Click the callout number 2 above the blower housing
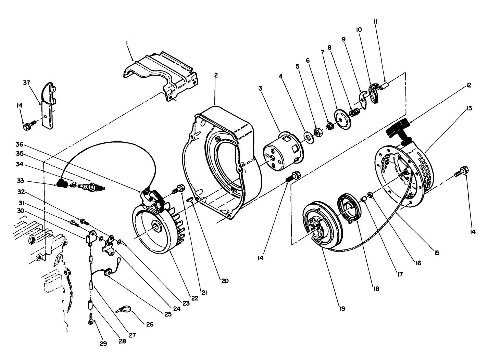click(x=215, y=74)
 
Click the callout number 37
click(x=27, y=83)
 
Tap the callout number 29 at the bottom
click(x=103, y=344)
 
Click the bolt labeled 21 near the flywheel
click(x=179, y=188)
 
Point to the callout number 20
click(x=225, y=281)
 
